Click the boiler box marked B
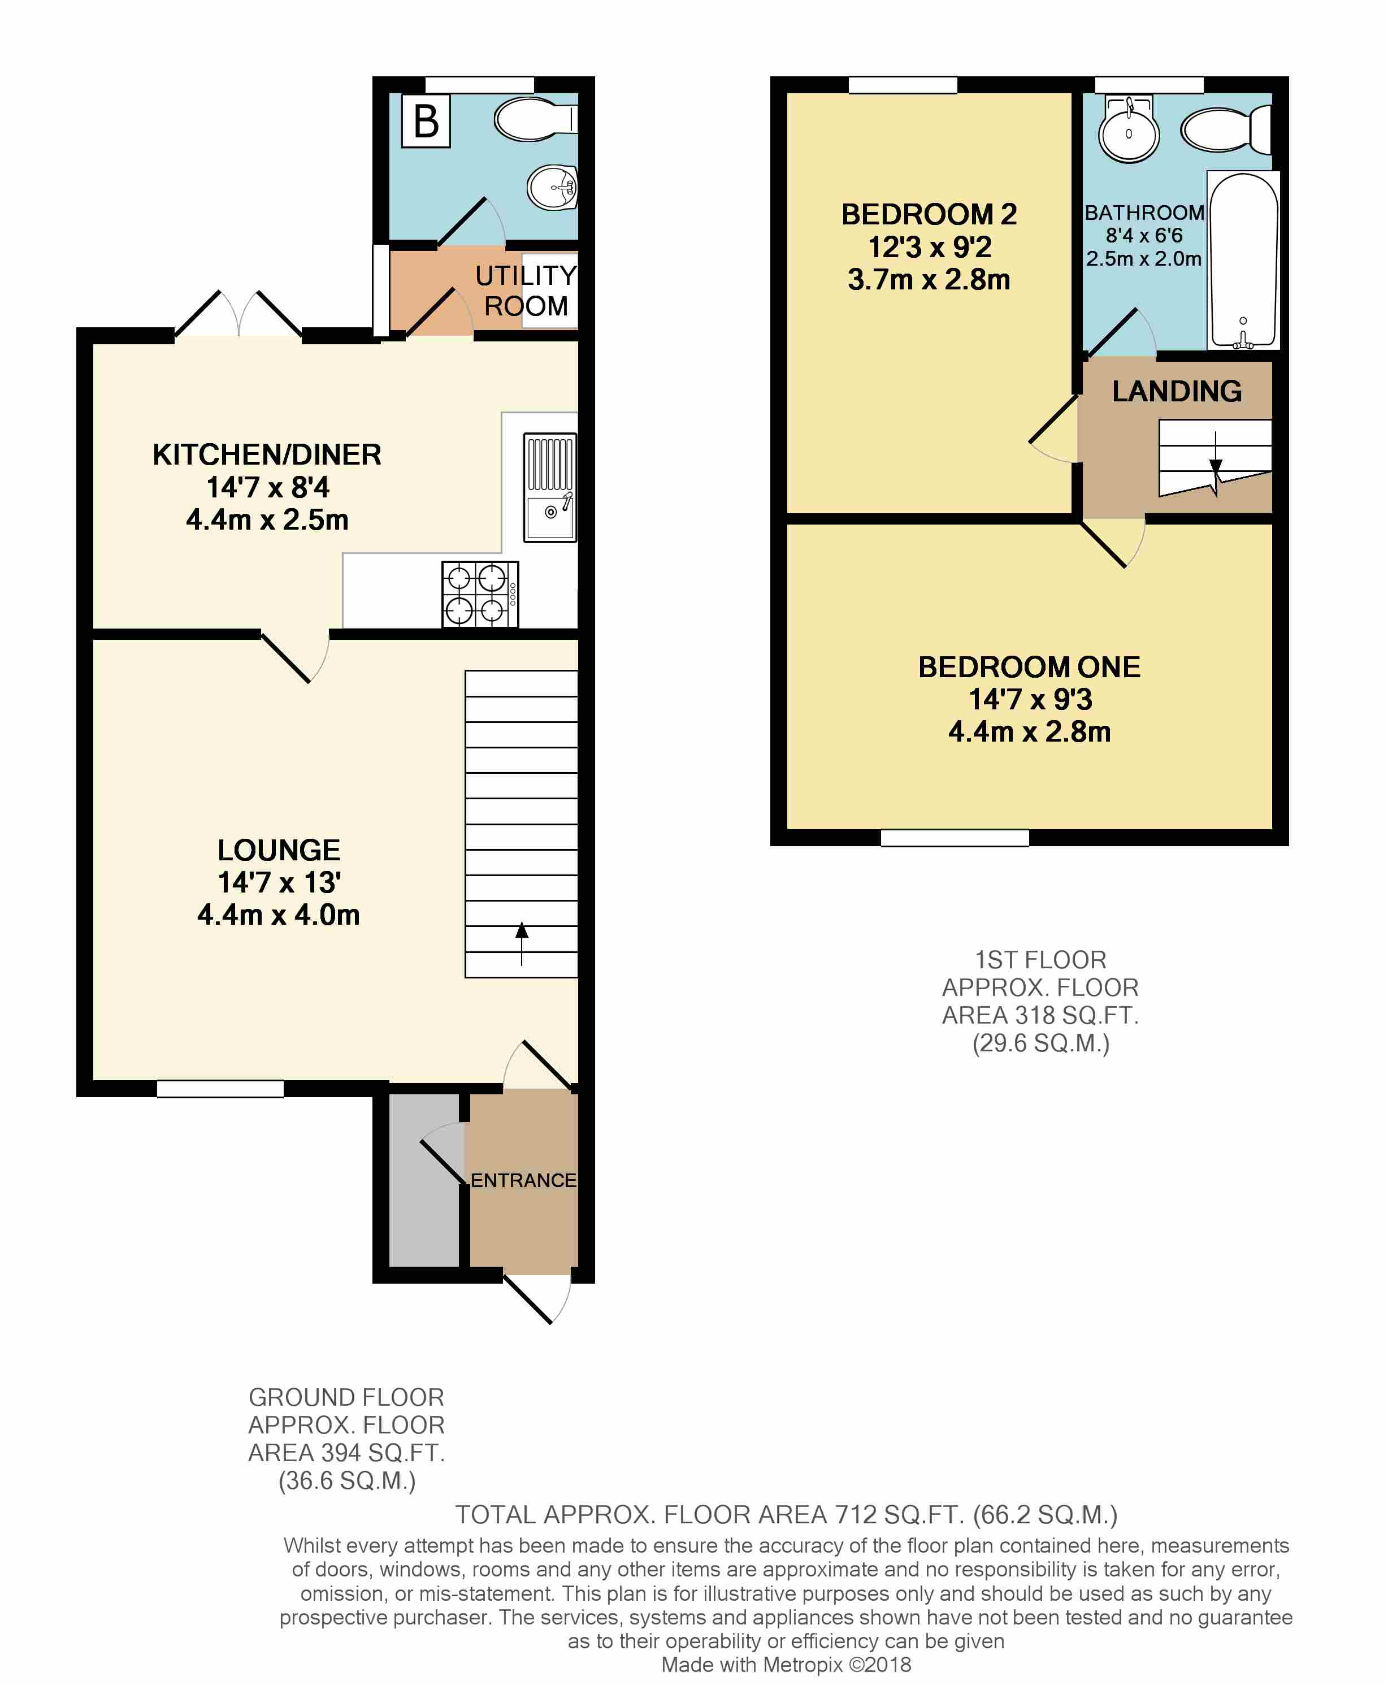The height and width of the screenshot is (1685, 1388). [426, 121]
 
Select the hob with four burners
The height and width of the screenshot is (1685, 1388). [480, 594]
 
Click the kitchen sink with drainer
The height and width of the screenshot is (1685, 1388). [550, 487]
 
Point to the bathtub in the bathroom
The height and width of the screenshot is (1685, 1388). [1243, 261]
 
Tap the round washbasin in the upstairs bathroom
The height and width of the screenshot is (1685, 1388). [1128, 131]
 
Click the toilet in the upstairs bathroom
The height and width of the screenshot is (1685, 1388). [1226, 129]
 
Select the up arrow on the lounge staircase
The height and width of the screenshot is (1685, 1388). [521, 943]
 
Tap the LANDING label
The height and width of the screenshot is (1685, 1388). [1177, 391]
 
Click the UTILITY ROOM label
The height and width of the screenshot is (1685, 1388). [525, 291]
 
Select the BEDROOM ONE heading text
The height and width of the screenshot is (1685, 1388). [1029, 667]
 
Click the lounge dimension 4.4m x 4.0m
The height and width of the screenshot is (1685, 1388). [278, 914]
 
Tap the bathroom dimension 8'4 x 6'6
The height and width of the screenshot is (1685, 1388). [1144, 236]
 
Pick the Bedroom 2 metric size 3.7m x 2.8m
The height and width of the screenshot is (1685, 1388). [929, 280]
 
